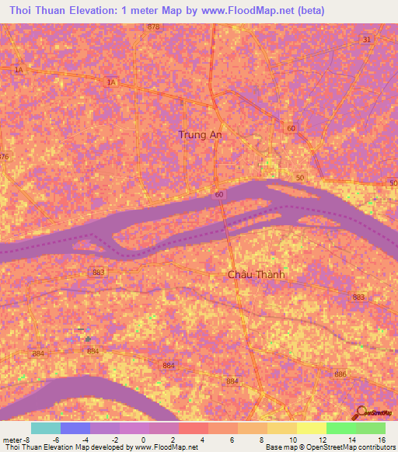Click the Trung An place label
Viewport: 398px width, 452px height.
pos(199,134)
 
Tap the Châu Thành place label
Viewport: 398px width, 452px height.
pos(257,275)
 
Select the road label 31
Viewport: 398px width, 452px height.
pos(367,39)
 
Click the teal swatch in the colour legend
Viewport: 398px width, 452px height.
pos(46,428)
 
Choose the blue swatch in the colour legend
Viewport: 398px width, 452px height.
pos(75,428)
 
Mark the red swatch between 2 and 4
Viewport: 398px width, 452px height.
pos(193,428)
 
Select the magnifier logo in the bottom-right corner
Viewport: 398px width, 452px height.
pos(361,413)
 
